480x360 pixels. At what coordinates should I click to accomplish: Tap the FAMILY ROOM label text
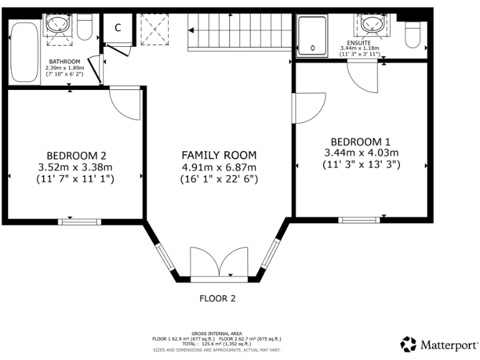pyautogui.click(x=219, y=155)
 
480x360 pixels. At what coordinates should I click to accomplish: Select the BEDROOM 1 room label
pyautogui.click(x=361, y=141)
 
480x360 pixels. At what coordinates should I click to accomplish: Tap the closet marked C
pyautogui.click(x=117, y=28)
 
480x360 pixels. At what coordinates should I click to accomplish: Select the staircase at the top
pyautogui.click(x=241, y=31)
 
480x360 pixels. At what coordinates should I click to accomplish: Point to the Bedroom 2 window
pyautogui.click(x=79, y=221)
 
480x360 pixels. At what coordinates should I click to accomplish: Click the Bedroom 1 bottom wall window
pyautogui.click(x=359, y=219)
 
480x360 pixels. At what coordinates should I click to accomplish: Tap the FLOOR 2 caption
pyautogui.click(x=217, y=298)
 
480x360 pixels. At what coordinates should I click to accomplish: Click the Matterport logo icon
pyautogui.click(x=408, y=344)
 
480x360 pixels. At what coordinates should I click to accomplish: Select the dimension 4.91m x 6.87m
pyautogui.click(x=219, y=167)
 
